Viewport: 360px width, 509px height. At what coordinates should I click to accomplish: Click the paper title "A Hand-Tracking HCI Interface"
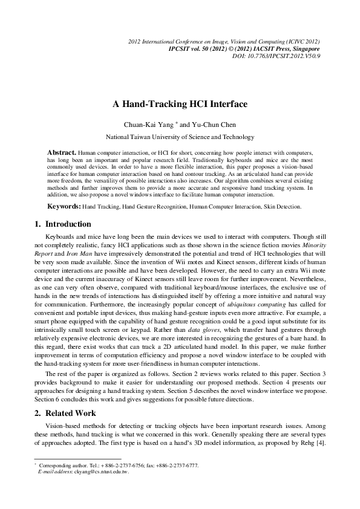click(x=180, y=104)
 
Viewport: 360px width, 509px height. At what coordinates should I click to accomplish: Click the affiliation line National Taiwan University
click(x=180, y=137)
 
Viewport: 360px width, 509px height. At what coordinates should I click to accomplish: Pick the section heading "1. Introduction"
click(x=65, y=224)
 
